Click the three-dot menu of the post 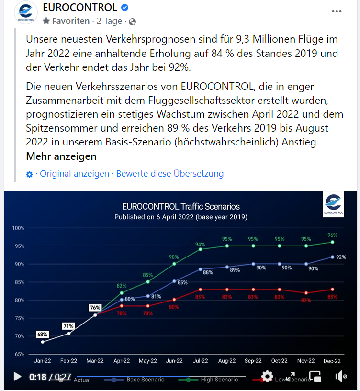(337, 11)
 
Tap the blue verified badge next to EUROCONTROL (125, 8)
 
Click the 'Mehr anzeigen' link (61, 156)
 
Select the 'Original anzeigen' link (74, 174)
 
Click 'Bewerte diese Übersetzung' (169, 174)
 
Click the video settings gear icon (267, 376)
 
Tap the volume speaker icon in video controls (341, 376)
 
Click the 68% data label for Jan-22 (43, 334)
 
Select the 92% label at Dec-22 (341, 257)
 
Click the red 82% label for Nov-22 (306, 300)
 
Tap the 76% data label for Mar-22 (95, 308)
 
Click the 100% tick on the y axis (18, 228)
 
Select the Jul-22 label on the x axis (200, 361)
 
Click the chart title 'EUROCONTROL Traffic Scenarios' (180, 207)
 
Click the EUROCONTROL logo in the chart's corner (333, 204)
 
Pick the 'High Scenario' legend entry (219, 380)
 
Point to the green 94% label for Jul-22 (200, 245)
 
